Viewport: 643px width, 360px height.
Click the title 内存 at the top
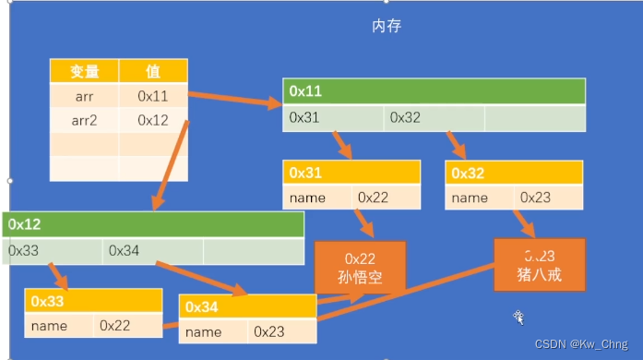pyautogui.click(x=387, y=26)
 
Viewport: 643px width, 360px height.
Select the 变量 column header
pyautogui.click(x=84, y=72)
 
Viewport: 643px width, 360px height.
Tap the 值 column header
pyautogui.click(x=153, y=72)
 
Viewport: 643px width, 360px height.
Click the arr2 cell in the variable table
pyautogui.click(x=84, y=119)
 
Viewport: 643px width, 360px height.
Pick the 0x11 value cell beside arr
pyautogui.click(x=153, y=95)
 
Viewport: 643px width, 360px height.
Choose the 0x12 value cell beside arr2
pyautogui.click(x=153, y=119)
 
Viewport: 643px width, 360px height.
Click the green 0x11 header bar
pyautogui.click(x=434, y=91)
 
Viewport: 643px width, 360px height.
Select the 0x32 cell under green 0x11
pyautogui.click(x=434, y=118)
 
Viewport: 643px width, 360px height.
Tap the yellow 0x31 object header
pyautogui.click(x=351, y=173)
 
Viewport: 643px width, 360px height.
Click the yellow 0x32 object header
pyautogui.click(x=514, y=173)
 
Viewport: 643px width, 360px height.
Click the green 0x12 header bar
pyautogui.click(x=153, y=224)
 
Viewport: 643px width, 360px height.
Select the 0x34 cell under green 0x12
pyautogui.click(x=152, y=250)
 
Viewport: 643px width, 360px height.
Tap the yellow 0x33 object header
pyautogui.click(x=93, y=301)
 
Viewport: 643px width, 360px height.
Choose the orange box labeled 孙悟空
pyautogui.click(x=361, y=270)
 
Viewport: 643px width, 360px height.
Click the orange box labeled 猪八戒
pyautogui.click(x=540, y=266)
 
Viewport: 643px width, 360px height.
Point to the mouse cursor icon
pyautogui.click(x=519, y=317)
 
